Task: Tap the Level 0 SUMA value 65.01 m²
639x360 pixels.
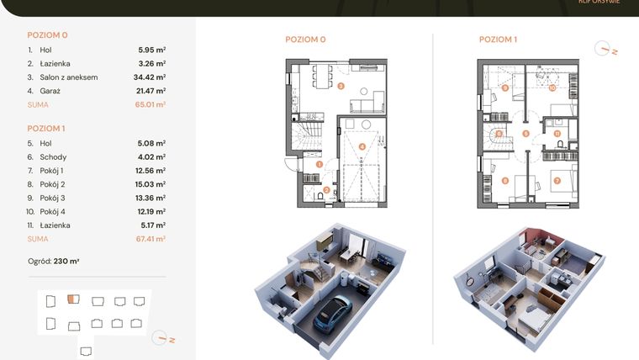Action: (151, 105)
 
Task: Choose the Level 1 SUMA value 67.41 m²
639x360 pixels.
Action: (151, 239)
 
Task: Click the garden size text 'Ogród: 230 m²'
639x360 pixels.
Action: (54, 262)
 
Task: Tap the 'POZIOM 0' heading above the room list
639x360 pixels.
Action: (47, 35)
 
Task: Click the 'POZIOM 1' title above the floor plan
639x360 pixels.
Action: (498, 39)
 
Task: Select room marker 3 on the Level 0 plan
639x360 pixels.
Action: (341, 85)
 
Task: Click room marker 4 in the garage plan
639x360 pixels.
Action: (362, 146)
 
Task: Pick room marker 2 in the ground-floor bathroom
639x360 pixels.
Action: (326, 190)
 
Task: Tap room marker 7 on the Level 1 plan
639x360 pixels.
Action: (557, 181)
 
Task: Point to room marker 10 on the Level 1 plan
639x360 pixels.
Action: (552, 87)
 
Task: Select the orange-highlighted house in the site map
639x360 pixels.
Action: (73, 299)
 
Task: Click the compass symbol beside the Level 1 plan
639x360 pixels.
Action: (604, 50)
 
